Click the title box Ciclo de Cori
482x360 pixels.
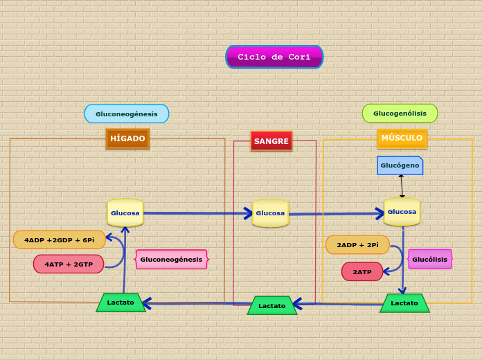tap(274, 57)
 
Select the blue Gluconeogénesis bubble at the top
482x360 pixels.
tap(127, 114)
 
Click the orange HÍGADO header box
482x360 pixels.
tap(127, 138)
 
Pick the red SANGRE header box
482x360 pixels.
tap(271, 141)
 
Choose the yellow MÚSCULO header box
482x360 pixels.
tap(402, 138)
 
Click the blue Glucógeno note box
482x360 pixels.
tap(400, 165)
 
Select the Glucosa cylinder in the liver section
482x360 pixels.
tap(125, 213)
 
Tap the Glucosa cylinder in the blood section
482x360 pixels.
tap(270, 213)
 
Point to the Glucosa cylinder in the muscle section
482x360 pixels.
tap(402, 212)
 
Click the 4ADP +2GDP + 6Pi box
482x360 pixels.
tap(60, 240)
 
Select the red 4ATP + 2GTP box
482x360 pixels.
tap(69, 264)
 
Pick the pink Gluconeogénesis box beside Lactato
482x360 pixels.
tap(171, 260)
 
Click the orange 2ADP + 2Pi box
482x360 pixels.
tap(357, 245)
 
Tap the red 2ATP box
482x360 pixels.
tap(362, 271)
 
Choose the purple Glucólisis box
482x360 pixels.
tap(429, 259)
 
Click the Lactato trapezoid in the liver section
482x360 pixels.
tap(120, 303)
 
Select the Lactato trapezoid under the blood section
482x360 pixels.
tap(271, 305)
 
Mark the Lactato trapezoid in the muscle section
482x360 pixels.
tap(404, 303)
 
